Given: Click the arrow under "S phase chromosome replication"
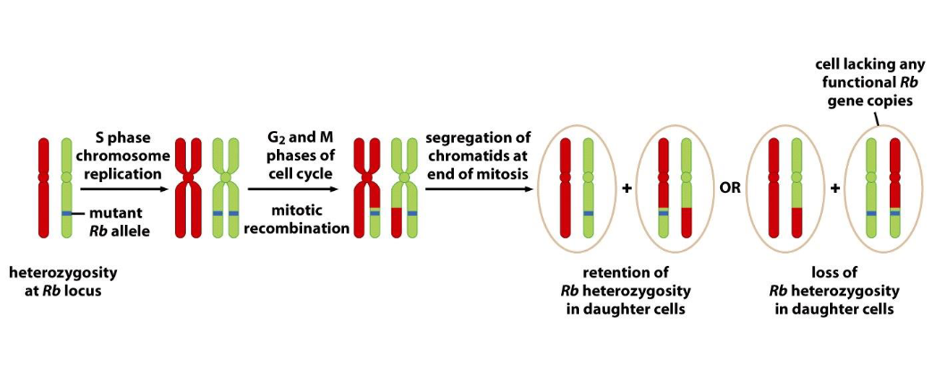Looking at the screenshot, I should [x=122, y=189].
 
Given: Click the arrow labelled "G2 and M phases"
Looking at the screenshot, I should [x=292, y=189].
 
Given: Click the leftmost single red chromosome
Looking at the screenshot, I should [x=44, y=187].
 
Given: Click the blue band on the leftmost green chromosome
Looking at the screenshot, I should [x=67, y=213].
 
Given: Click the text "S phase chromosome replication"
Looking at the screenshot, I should [x=122, y=153].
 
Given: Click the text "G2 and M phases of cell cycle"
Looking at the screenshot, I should [x=292, y=153].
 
